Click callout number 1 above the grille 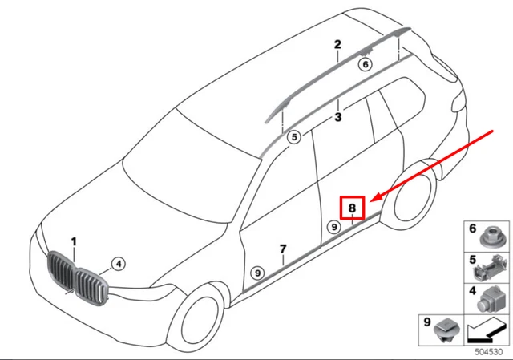(x=74, y=241)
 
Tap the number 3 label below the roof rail (x=338, y=118)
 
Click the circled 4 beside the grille (x=118, y=263)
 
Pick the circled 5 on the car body (x=294, y=137)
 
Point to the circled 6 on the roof (x=366, y=64)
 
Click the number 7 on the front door (x=282, y=250)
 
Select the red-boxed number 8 (x=352, y=208)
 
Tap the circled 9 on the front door (x=257, y=273)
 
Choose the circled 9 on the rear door (x=334, y=229)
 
